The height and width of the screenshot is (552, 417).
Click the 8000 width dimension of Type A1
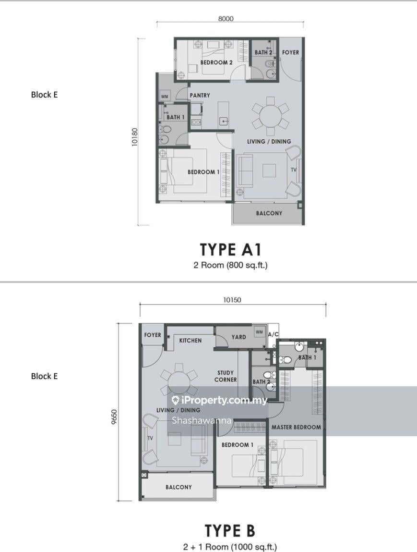pos(226,19)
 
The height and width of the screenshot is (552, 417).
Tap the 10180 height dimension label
pos(135,137)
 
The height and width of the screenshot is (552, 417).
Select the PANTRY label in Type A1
pos(200,96)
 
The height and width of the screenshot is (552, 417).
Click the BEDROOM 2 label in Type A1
pos(216,62)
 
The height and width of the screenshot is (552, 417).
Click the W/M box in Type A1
pos(165,97)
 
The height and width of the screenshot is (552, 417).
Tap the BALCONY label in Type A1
pos(269,213)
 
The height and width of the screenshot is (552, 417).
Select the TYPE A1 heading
pos(231,250)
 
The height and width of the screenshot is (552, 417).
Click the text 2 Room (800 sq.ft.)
pos(231,265)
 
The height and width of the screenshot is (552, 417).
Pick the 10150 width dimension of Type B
pos(232,300)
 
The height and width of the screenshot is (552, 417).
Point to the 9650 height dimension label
pos(113,417)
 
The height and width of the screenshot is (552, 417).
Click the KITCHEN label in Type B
pos(191,341)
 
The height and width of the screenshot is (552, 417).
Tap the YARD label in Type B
pos(239,337)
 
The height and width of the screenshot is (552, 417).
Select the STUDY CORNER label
pos(226,376)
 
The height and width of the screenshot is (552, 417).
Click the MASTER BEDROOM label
pos(296,427)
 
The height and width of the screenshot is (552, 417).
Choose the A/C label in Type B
pos(273,334)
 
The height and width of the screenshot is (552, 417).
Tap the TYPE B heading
pos(230,530)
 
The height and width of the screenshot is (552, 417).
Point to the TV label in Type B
pos(150,438)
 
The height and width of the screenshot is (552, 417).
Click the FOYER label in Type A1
pos(290,52)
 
